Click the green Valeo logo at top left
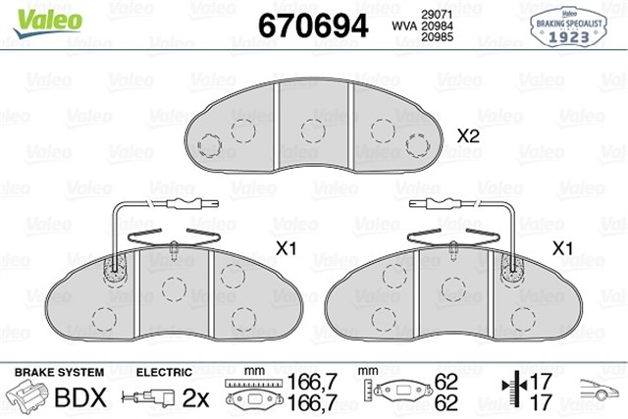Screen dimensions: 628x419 point(47,22)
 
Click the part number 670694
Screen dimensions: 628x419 point(313,26)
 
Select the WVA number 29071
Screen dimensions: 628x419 point(437,15)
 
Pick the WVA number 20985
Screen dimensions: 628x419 point(437,37)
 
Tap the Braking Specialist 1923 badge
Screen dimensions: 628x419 point(569,27)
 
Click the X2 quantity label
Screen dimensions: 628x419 point(468,136)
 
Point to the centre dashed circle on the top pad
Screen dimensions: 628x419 point(313,131)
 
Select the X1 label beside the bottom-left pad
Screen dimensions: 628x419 point(286,249)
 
